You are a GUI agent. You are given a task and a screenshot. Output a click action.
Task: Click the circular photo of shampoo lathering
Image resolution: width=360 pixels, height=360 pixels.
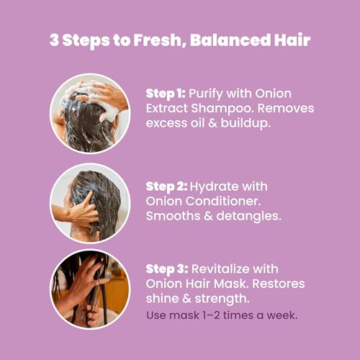click(90, 113)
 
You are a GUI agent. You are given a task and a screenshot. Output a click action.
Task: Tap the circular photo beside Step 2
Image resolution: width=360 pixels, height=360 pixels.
click(90, 202)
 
